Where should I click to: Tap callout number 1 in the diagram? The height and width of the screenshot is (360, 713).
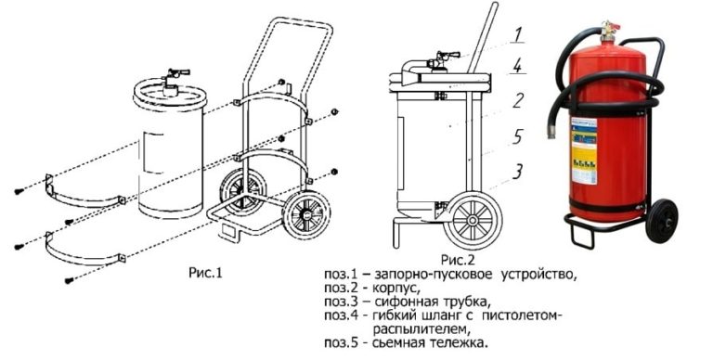coord(521,36)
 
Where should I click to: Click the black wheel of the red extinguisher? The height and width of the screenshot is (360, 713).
coord(661,219)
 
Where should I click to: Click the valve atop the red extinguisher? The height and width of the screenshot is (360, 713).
coord(608,32)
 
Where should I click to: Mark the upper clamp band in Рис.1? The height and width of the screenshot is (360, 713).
coord(84,191)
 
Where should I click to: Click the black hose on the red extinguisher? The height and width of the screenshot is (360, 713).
coord(554,93)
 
